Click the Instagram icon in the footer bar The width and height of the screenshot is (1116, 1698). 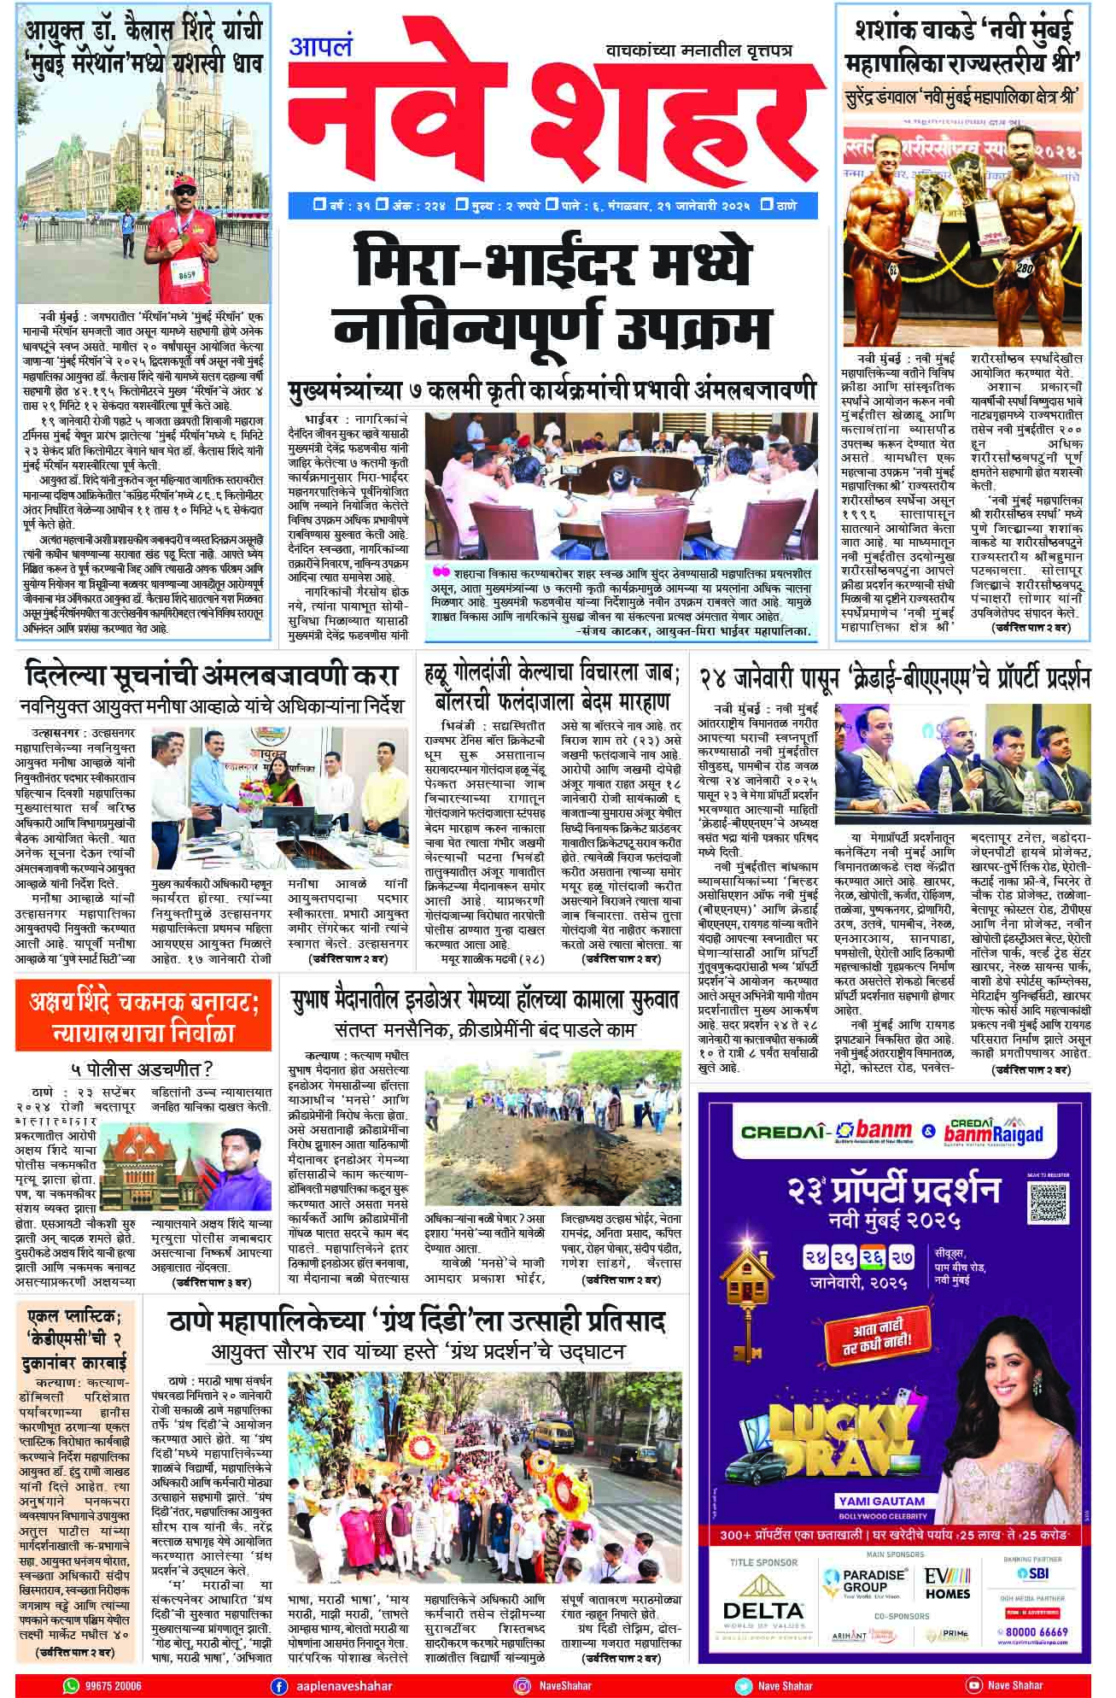point(523,1685)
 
